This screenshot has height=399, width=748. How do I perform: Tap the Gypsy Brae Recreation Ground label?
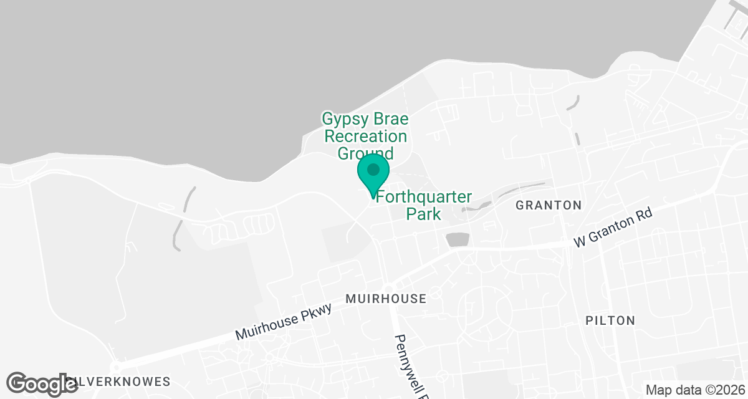coord(365,136)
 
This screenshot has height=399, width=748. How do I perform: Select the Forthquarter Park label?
coord(424,205)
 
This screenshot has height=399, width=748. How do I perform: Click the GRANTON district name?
coord(549,205)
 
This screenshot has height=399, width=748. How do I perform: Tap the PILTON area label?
coord(610,321)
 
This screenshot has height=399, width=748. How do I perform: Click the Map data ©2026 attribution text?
coord(695,390)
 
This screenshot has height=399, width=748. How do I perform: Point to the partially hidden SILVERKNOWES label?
coord(118,381)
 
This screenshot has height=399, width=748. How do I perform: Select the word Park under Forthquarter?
coord(424,214)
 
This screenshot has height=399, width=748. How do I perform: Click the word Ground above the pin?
coord(365,153)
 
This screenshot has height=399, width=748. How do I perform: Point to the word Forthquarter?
coord(424,196)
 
